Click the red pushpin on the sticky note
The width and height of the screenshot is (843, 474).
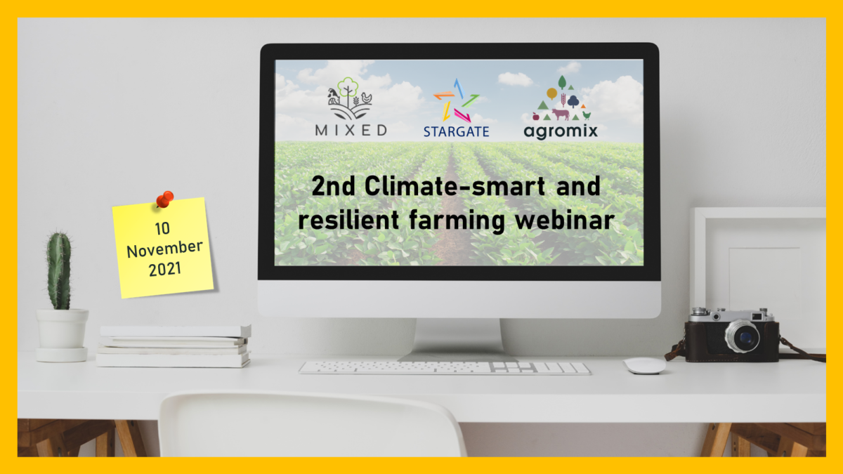(x=165, y=199)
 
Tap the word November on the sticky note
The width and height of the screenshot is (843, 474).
(x=164, y=249)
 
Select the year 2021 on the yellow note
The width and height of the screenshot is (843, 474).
(x=165, y=270)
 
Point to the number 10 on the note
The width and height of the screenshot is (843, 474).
(x=162, y=229)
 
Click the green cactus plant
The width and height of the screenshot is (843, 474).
(x=59, y=271)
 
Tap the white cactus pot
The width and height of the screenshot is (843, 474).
(x=62, y=335)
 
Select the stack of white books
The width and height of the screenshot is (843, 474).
(x=174, y=346)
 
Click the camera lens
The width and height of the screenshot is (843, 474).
(x=743, y=336)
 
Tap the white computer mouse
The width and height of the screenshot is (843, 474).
(x=644, y=366)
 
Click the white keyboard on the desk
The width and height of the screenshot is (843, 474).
(x=445, y=368)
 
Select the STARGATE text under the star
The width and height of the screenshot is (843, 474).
(x=456, y=132)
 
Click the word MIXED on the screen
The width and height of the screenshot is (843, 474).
(x=351, y=131)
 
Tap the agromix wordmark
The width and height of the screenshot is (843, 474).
(x=561, y=131)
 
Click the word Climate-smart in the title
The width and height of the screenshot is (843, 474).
(x=455, y=186)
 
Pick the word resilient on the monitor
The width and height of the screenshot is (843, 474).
(x=348, y=219)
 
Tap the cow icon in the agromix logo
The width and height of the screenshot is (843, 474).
(x=561, y=114)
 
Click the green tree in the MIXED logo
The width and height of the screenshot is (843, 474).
(x=348, y=90)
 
